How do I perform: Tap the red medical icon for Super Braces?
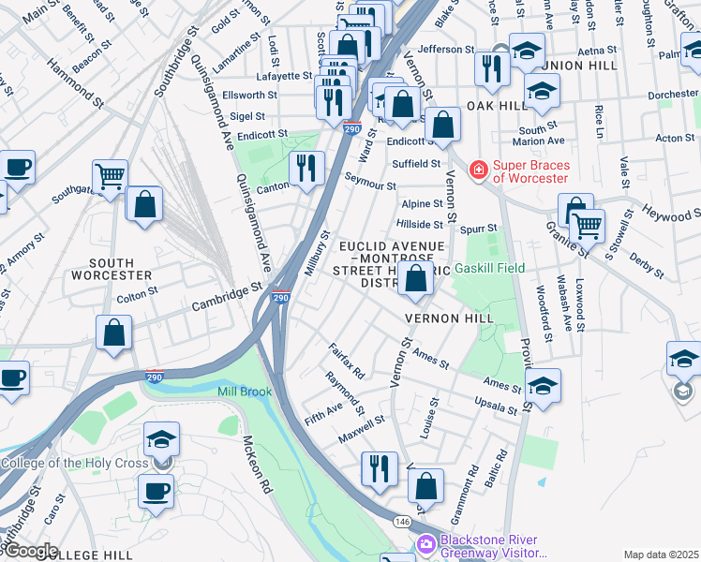tap(478, 170)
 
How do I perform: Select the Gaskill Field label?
tap(488, 268)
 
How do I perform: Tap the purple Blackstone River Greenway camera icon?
tap(426, 544)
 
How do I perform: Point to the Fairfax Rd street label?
tap(346, 361)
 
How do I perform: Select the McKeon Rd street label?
tap(257, 465)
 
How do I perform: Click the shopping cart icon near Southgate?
tap(111, 175)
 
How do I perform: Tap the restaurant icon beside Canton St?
tap(306, 168)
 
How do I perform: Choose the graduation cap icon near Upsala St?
tap(543, 384)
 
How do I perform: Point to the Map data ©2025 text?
tap(661, 555)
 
